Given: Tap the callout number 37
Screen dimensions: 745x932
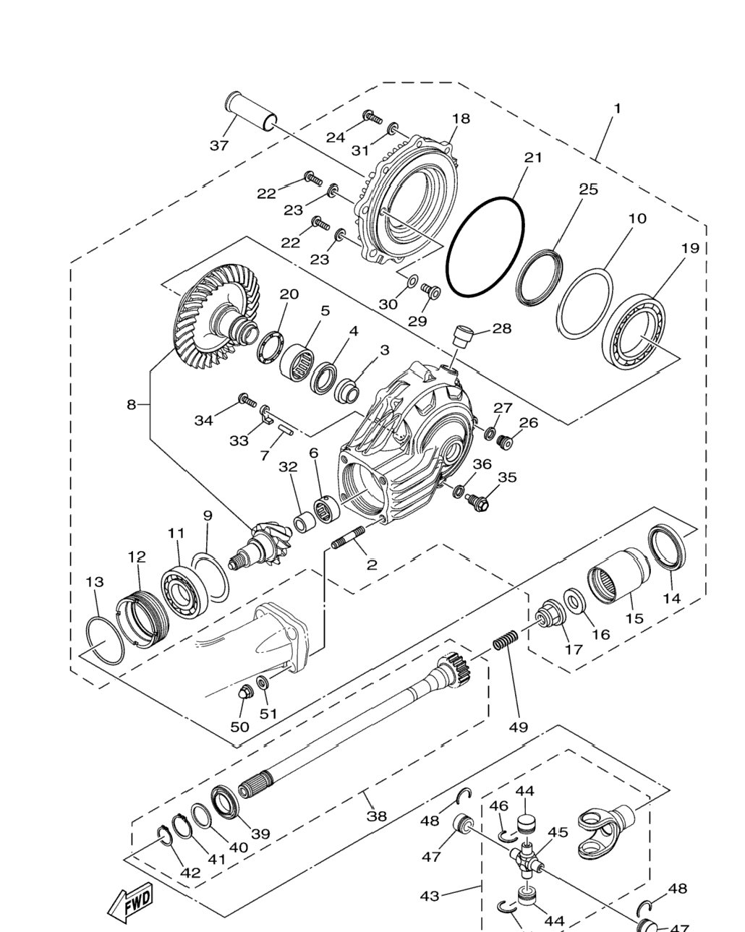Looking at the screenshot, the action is click(x=219, y=145).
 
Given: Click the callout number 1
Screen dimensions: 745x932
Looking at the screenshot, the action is click(x=618, y=108).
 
